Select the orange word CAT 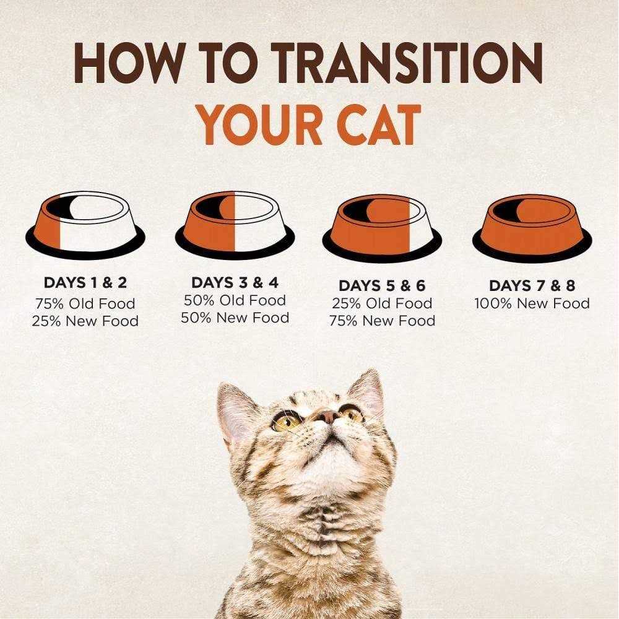(379, 125)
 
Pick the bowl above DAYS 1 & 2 (85, 225)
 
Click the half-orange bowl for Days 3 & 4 (235, 225)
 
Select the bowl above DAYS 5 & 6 (382, 228)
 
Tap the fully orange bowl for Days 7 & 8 (532, 228)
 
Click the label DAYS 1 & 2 (85, 283)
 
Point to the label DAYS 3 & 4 (235, 283)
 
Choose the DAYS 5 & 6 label (382, 285)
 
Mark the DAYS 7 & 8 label (532, 285)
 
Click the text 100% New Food (532, 303)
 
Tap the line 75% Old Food (85, 303)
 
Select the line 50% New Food (235, 318)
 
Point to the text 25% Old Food (382, 303)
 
